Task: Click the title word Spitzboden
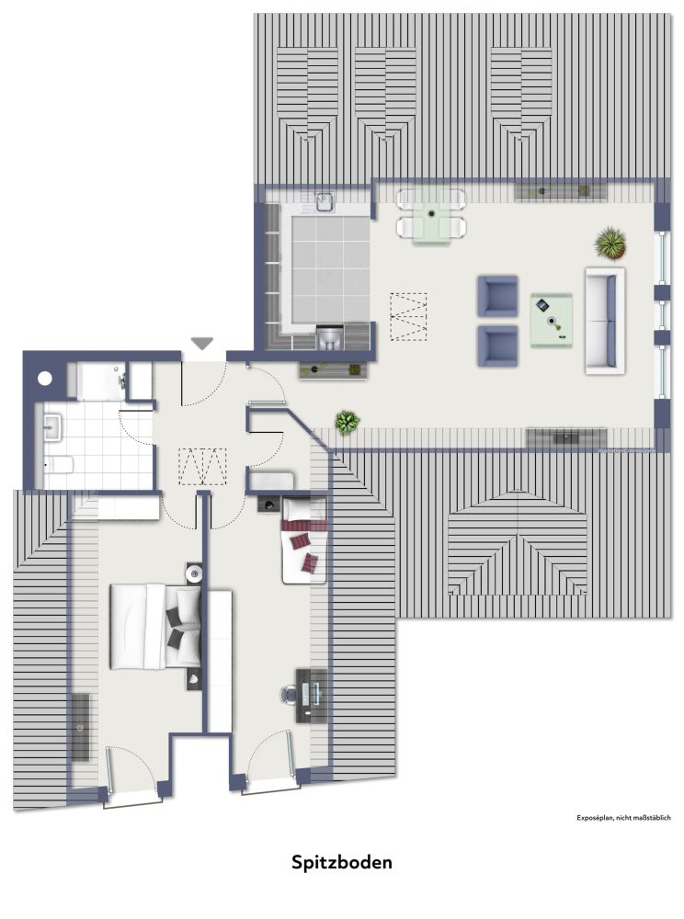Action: [x=342, y=863]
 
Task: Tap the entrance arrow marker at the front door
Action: [x=201, y=344]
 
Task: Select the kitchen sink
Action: [x=325, y=199]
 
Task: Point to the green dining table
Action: [x=431, y=214]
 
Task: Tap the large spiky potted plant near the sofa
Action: [x=610, y=244]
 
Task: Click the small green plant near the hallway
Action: [x=347, y=423]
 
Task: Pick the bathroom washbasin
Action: [x=51, y=426]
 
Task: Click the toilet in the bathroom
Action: [x=59, y=465]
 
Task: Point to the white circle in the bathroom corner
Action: [x=45, y=377]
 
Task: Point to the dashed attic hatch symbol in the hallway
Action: [x=203, y=466]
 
